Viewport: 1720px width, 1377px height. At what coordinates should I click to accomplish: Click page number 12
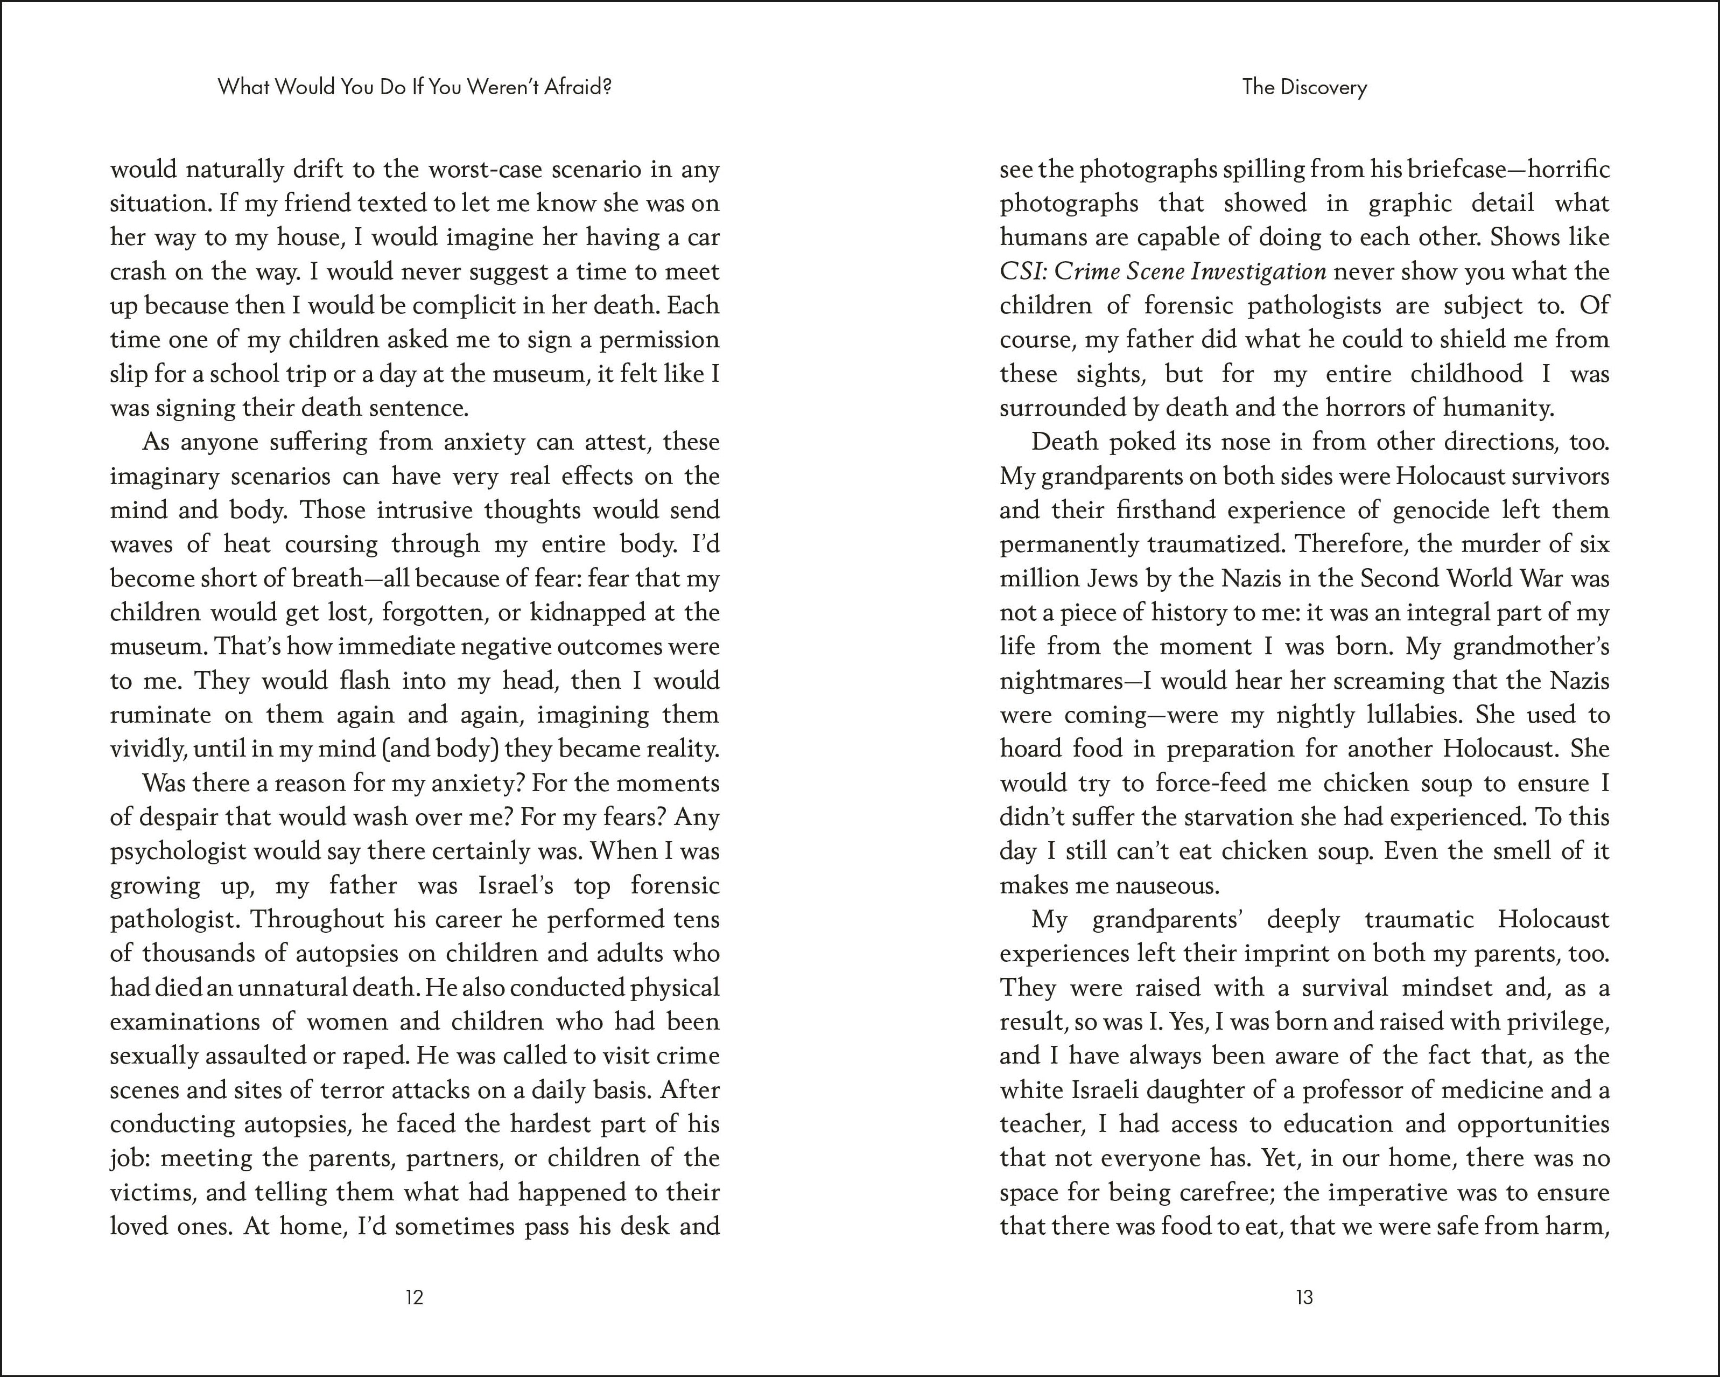click(414, 1297)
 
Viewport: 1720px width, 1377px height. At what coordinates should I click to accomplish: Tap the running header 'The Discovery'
click(1304, 87)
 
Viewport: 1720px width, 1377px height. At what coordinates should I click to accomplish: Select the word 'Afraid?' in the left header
click(578, 87)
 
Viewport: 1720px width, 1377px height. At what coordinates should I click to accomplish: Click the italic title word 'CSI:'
click(1023, 272)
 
